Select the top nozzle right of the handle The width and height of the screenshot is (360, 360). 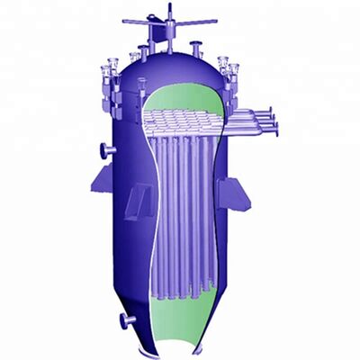click(193, 42)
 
